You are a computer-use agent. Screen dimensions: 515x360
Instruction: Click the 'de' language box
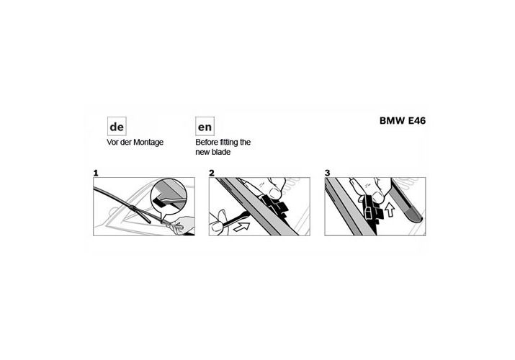[117, 126]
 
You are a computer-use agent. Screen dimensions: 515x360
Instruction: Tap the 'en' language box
[205, 126]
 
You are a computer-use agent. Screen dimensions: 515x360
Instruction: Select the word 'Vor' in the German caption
[112, 143]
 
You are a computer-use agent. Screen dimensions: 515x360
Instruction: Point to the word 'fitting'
[230, 143]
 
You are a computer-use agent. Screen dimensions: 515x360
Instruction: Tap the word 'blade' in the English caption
[221, 152]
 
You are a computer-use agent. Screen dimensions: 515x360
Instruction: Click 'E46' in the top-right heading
[417, 120]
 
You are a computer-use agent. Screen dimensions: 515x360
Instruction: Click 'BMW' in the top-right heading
[392, 120]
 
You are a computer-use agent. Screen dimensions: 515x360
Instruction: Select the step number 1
[96, 173]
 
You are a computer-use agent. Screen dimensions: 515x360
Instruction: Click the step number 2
[212, 173]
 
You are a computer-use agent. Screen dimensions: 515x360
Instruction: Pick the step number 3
[327, 173]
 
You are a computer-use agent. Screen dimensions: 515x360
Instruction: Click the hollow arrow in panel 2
[241, 226]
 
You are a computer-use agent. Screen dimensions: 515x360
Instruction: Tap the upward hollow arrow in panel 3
[390, 210]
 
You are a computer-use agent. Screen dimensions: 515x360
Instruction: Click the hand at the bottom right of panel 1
[181, 225]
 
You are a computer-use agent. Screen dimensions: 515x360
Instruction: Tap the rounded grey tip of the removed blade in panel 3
[415, 216]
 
